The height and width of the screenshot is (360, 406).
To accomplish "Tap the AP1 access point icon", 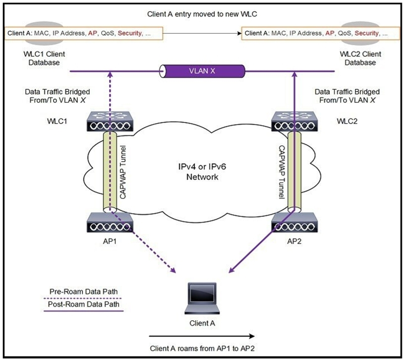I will click(x=110, y=223).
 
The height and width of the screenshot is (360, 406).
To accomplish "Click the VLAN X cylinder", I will click(x=202, y=71).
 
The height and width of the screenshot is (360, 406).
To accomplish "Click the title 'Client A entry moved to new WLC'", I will click(x=202, y=14).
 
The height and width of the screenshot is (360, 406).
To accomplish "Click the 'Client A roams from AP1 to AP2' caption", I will click(x=202, y=348).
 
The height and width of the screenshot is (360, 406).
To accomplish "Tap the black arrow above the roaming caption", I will click(x=202, y=334).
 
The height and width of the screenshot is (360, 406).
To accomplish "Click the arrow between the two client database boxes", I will click(x=202, y=34).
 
